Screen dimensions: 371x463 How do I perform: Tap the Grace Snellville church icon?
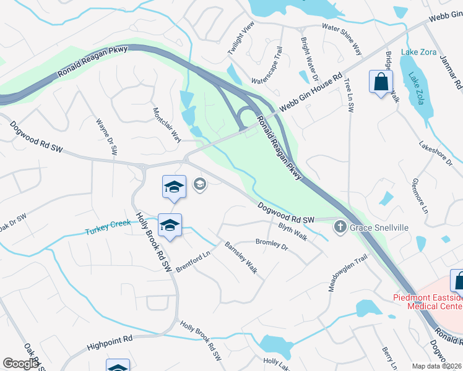tap(339, 228)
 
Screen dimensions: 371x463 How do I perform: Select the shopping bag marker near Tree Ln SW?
tap(380, 82)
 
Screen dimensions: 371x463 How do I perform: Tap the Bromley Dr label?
tap(272, 244)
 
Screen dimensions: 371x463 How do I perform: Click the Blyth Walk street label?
tap(293, 231)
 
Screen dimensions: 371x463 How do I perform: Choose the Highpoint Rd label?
tap(110, 339)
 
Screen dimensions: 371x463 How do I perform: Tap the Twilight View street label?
tap(241, 38)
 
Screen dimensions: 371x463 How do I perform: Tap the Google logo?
tap(20, 363)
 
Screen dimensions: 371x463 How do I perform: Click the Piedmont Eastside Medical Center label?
tap(427, 301)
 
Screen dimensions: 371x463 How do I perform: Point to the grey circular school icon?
tap(199, 184)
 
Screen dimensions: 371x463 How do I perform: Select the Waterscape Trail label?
tap(267, 67)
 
